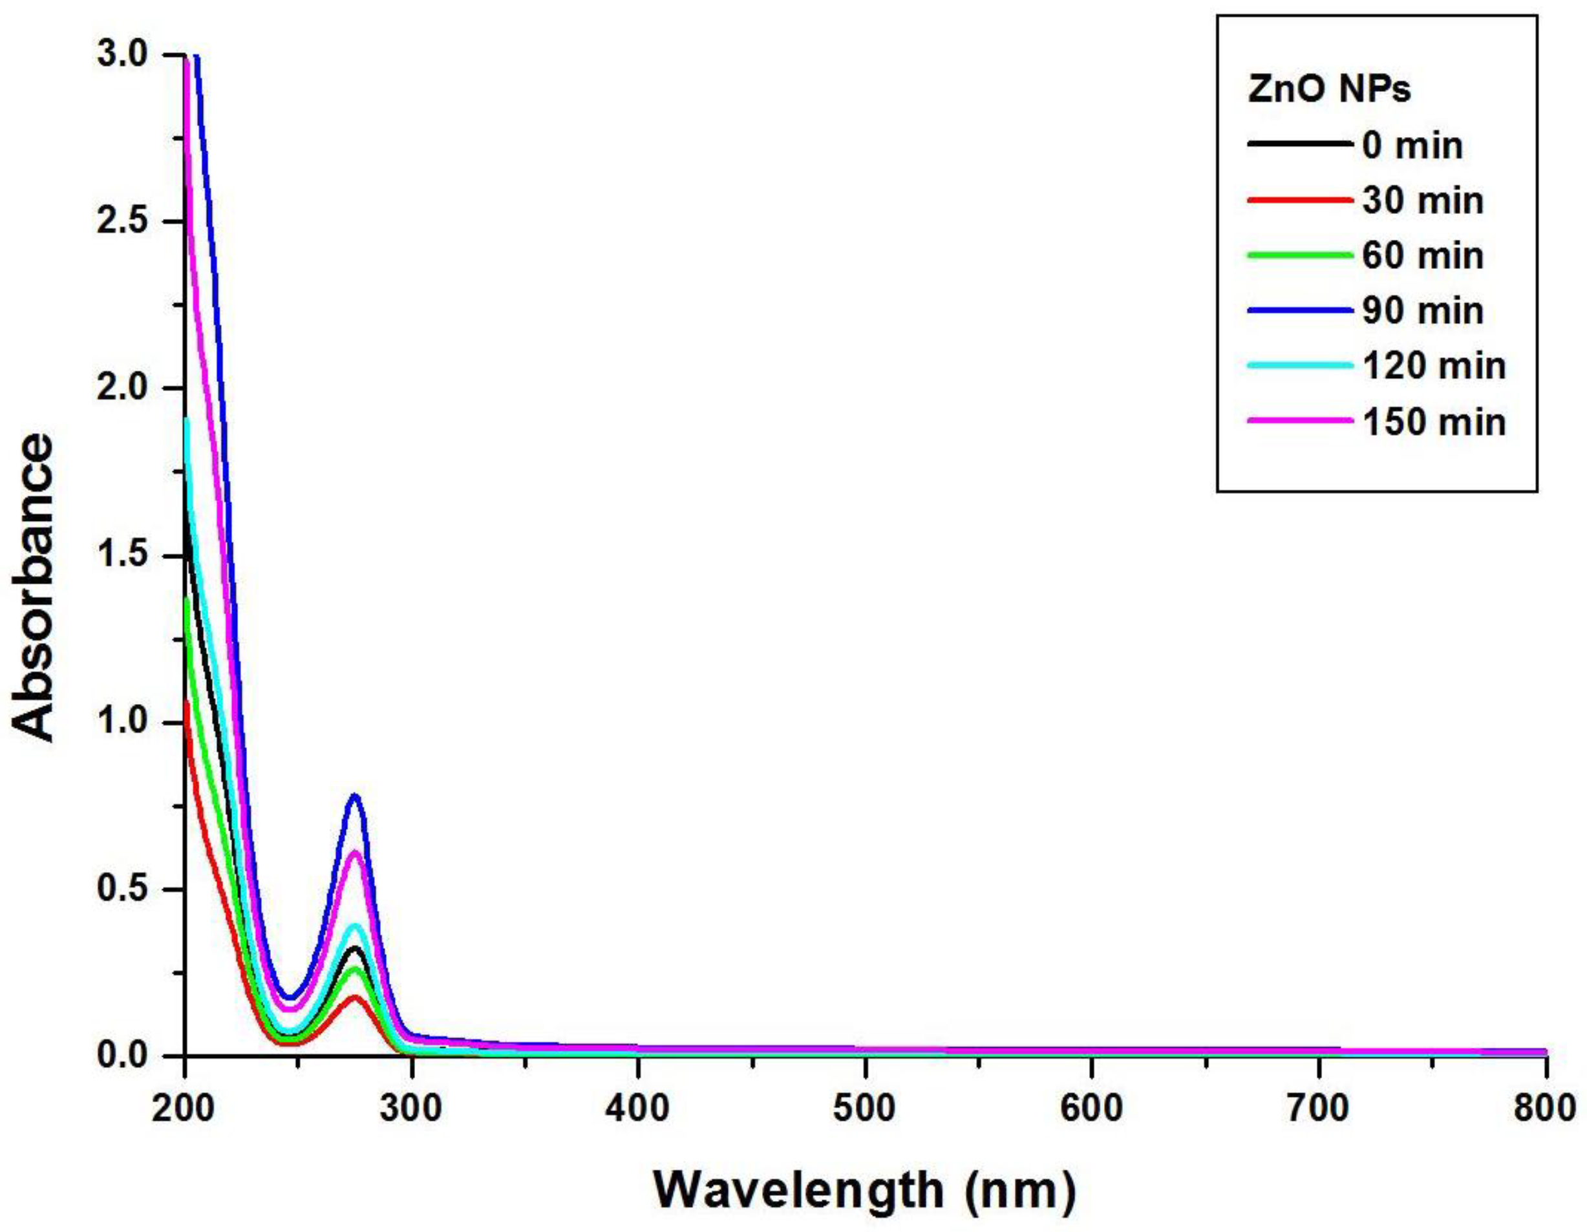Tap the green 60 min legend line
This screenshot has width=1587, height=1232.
pyautogui.click(x=1300, y=255)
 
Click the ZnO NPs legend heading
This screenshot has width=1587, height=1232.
pyautogui.click(x=1329, y=89)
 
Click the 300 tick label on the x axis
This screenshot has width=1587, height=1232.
pyautogui.click(x=411, y=1109)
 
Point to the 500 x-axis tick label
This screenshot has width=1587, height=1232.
pyautogui.click(x=865, y=1109)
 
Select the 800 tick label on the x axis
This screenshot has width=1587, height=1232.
pyautogui.click(x=1544, y=1109)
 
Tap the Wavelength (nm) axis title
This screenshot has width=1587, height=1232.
pyautogui.click(x=864, y=1189)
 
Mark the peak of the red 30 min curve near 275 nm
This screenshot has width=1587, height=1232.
pyautogui.click(x=356, y=997)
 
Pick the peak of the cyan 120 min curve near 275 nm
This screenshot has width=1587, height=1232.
pyautogui.click(x=356, y=926)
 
